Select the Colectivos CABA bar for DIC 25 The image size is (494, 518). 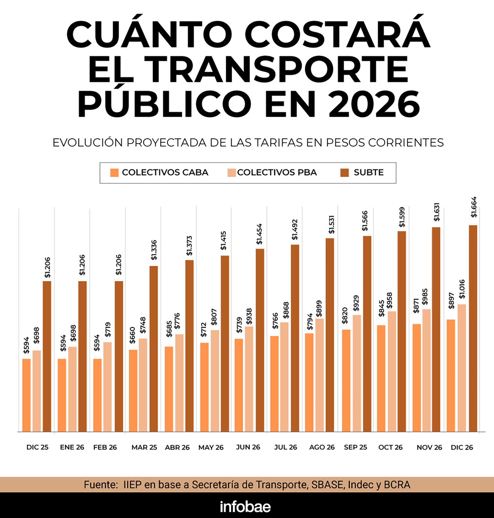tap(26, 395)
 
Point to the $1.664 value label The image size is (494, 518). tap(474, 207)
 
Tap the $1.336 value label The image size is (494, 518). tap(154, 250)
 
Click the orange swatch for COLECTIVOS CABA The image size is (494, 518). tap(114, 173)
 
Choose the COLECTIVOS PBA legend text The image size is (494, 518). tap(277, 172)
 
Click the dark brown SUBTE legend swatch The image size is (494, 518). tap(345, 173)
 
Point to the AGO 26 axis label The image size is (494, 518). tap(322, 447)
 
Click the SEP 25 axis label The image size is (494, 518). tap(355, 447)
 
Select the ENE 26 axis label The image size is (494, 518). tap(72, 447)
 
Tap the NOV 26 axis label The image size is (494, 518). tap(429, 447)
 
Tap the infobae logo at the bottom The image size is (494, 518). tap(245, 507)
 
